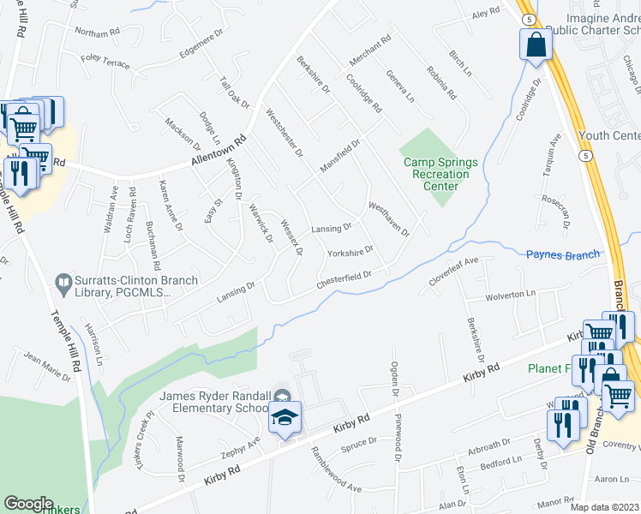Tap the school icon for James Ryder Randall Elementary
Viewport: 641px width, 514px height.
coord(284,419)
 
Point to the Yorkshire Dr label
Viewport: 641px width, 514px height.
coord(350,252)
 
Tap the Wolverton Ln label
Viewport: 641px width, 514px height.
coord(510,295)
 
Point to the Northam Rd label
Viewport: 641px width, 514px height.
coord(97,33)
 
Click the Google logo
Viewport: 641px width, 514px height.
coord(28,504)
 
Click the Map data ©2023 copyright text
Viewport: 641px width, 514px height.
coord(605,507)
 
